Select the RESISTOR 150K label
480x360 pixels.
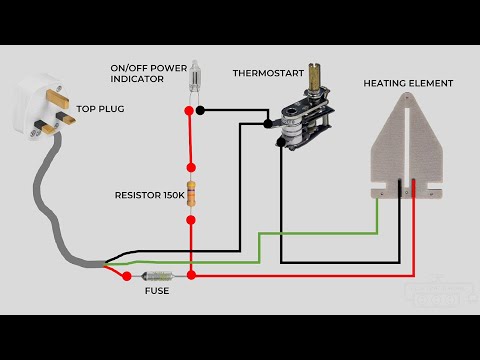tap(149, 196)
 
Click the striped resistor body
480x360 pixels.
tap(191, 194)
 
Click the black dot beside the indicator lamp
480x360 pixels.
tap(202, 111)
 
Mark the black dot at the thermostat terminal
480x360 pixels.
tap(268, 124)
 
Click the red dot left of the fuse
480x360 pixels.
tap(127, 274)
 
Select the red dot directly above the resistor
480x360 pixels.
tap(191, 167)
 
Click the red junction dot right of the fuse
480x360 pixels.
tap(191, 274)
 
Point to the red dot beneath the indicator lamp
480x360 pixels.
tap(190, 111)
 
